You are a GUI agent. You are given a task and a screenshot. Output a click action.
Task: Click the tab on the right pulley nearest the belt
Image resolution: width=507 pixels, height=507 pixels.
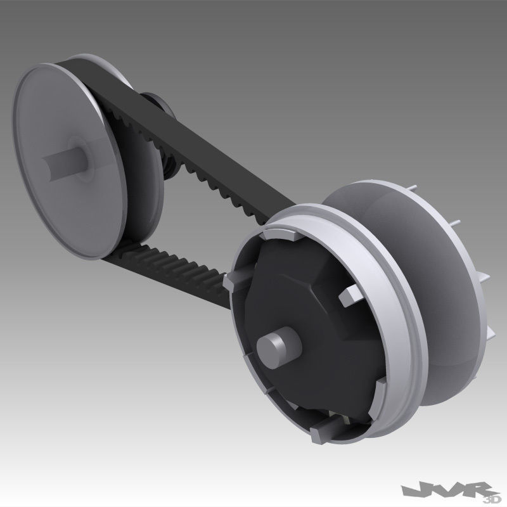(238, 279)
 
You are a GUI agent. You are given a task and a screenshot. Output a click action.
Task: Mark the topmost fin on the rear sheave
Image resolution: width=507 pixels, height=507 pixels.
(413, 188)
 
